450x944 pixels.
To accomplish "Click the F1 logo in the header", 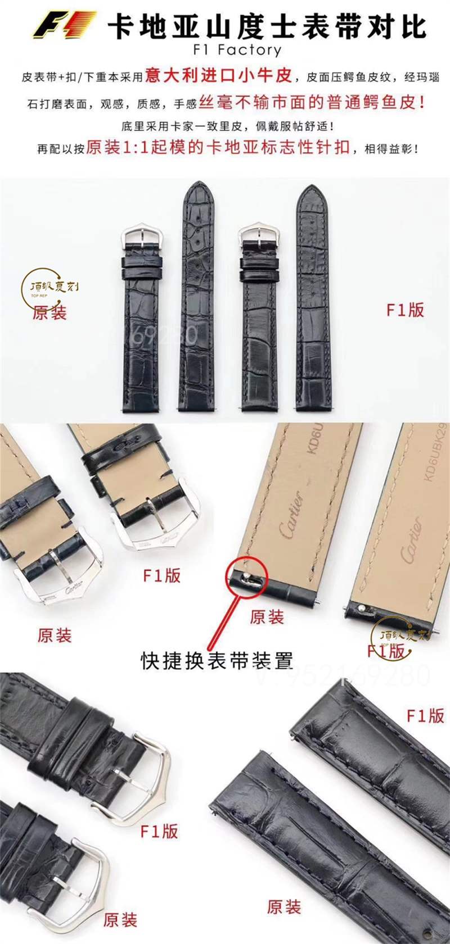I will [64, 26].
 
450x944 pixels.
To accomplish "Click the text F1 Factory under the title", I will [237, 50].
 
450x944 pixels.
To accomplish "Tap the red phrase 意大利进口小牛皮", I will [218, 75].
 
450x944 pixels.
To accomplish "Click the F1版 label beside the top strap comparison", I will [405, 310].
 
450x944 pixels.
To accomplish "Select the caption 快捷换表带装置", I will [217, 660].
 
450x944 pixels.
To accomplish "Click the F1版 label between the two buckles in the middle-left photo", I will [162, 575].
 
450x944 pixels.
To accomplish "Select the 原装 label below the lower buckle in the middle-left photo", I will [55, 636].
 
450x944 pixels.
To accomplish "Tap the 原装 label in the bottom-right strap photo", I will [284, 906].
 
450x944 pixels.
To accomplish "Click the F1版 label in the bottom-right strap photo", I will [425, 716].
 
